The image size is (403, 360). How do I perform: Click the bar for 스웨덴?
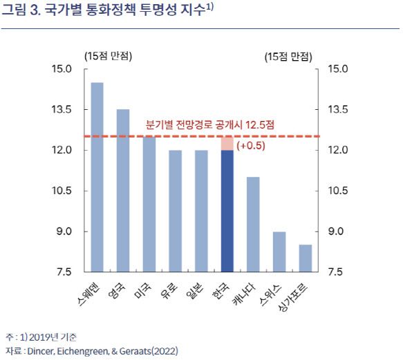[x=97, y=177]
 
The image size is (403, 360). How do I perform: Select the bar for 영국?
[x=123, y=190]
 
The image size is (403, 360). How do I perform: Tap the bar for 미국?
[x=149, y=204]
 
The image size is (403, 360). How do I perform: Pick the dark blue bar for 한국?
[x=227, y=211]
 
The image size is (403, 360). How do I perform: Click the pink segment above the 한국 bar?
[x=227, y=143]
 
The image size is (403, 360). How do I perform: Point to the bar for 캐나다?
[x=254, y=224]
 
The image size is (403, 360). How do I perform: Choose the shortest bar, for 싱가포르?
[x=306, y=258]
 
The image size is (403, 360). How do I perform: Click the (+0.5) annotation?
[x=251, y=146]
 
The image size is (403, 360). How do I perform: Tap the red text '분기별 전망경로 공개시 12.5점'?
[x=210, y=125]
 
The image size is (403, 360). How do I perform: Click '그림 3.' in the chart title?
[x=21, y=10]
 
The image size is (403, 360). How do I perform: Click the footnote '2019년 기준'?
[x=55, y=337]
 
